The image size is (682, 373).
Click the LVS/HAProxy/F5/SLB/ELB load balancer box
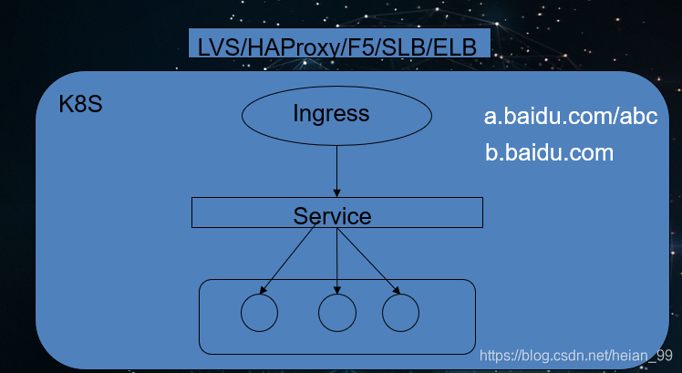pyautogui.click(x=339, y=43)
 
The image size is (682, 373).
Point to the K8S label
pyautogui.click(x=80, y=105)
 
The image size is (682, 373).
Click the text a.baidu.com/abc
pyautogui.click(x=571, y=117)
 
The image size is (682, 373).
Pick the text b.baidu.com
pyautogui.click(x=550, y=153)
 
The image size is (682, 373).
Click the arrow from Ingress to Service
pyautogui.click(x=336, y=171)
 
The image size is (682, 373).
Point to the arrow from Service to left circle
pyautogui.click(x=288, y=259)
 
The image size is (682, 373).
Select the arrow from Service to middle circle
pyautogui.click(x=337, y=261)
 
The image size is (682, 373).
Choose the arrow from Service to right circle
pyautogui.click(x=369, y=261)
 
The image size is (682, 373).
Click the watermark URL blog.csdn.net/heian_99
pyautogui.click(x=576, y=356)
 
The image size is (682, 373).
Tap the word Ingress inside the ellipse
pyautogui.click(x=331, y=114)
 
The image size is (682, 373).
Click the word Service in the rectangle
pyautogui.click(x=332, y=216)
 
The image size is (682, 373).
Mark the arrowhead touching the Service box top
pyautogui.click(x=336, y=193)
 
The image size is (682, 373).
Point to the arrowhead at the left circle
pyautogui.click(x=263, y=290)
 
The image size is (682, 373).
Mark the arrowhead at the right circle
pyautogui.click(x=397, y=290)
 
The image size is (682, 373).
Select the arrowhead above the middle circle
pyautogui.click(x=337, y=290)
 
